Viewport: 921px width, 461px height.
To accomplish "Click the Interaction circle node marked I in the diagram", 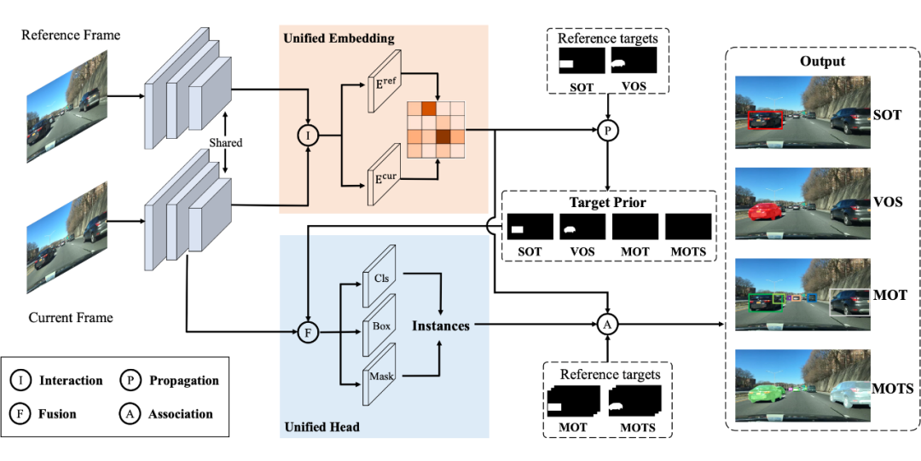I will click(x=307, y=135).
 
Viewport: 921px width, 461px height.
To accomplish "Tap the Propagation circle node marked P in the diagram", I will click(x=606, y=130).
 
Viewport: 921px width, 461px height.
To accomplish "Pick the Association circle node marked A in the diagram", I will click(x=606, y=325).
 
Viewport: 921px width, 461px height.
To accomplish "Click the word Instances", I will click(x=441, y=326).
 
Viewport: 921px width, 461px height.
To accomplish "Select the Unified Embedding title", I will click(x=339, y=39).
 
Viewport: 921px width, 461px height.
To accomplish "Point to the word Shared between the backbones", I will click(x=226, y=143).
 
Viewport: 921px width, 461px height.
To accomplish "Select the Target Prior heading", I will click(x=607, y=203).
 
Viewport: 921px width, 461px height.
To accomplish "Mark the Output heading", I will click(x=822, y=61).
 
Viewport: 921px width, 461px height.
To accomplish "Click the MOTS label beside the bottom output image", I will click(x=893, y=389).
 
